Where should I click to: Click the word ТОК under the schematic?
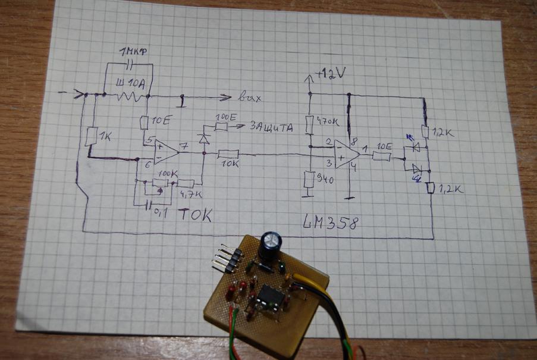(195, 214)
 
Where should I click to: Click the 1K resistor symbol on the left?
(90, 137)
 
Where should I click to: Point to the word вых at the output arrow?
(249, 97)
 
